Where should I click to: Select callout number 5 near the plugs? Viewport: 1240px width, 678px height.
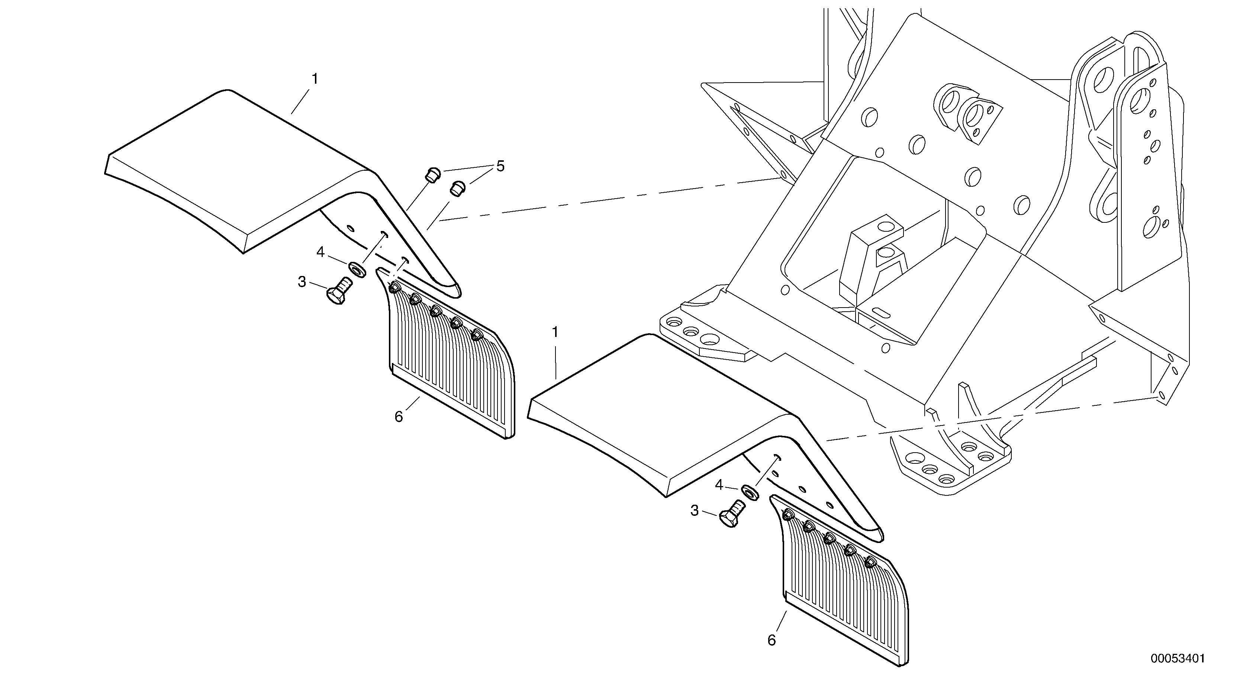(x=500, y=167)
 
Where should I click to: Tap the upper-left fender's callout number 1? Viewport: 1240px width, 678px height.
(x=315, y=79)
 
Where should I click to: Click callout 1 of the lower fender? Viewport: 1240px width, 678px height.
(x=555, y=332)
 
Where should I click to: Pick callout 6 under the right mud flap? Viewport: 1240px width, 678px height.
(x=772, y=640)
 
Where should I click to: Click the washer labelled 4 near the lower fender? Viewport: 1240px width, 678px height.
(x=750, y=492)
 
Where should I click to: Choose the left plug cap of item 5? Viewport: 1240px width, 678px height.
(x=433, y=174)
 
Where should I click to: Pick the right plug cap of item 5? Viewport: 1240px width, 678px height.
(x=457, y=188)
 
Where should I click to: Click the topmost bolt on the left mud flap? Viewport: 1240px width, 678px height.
(x=394, y=288)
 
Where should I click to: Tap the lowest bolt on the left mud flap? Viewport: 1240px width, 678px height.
(x=477, y=334)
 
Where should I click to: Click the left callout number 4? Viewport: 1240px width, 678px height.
(x=321, y=252)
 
